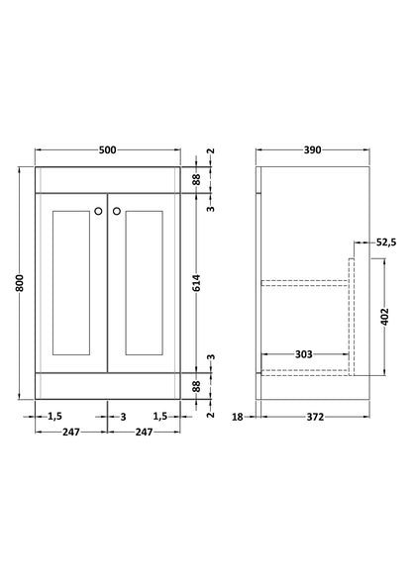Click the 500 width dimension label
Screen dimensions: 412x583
click(x=108, y=149)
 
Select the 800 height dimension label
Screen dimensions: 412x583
click(x=20, y=283)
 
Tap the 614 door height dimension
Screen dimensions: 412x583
click(x=197, y=282)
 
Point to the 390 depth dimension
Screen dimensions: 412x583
click(x=312, y=149)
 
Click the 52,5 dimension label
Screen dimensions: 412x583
click(x=386, y=243)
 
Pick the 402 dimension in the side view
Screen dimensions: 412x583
click(x=385, y=317)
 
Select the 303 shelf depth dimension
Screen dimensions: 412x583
click(x=303, y=354)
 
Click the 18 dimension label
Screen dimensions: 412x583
click(x=238, y=417)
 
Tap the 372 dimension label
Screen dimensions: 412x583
click(x=315, y=417)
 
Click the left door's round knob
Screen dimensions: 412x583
click(x=98, y=211)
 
